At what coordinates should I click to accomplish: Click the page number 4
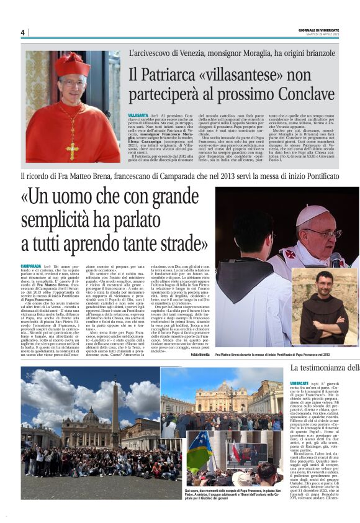coord(22,32)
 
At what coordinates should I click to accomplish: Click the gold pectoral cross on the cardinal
coord(72,148)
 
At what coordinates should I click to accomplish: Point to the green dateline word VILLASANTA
coord(138,116)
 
